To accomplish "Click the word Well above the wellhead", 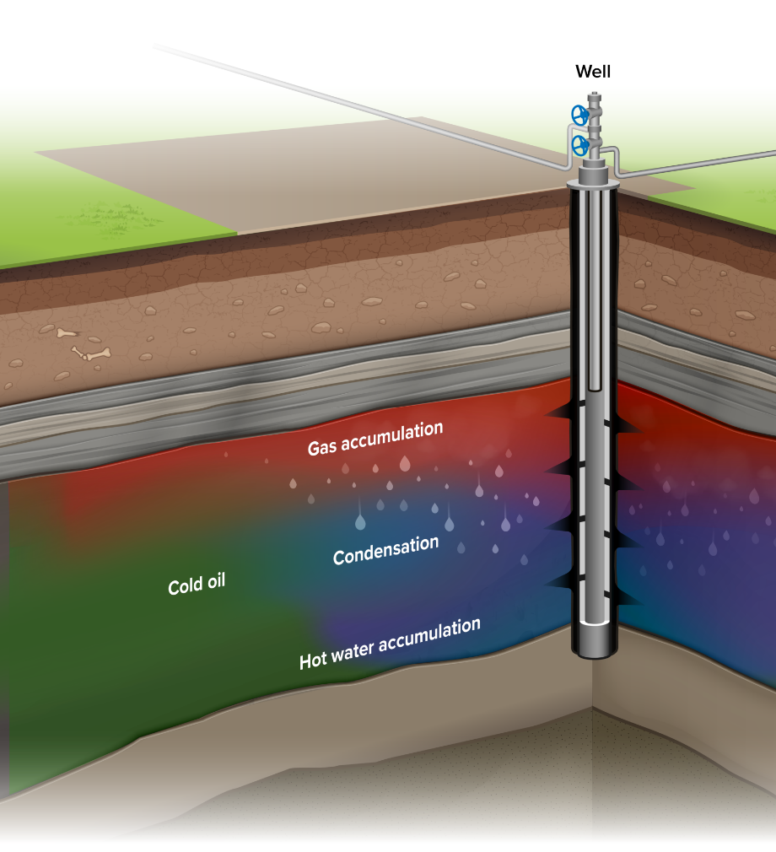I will tap(593, 72).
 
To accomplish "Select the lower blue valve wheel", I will tap(580, 145).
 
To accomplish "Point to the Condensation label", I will tap(386, 550).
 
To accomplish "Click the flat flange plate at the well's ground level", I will tap(597, 181).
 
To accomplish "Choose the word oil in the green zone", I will tap(215, 581).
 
